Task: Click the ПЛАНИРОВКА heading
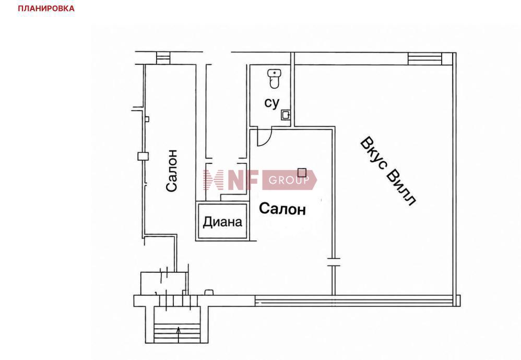[46, 8]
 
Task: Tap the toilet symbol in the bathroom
[274, 79]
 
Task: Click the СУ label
[272, 103]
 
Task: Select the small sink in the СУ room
[286, 115]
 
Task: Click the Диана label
[222, 222]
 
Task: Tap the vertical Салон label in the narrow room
[172, 171]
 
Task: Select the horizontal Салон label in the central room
[282, 209]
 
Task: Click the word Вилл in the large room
[402, 188]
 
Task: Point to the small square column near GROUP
[302, 172]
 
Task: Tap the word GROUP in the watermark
[289, 181]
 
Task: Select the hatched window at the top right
[424, 59]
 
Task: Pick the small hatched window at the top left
[163, 57]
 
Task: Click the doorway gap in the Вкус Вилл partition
[334, 262]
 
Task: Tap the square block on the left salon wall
[143, 156]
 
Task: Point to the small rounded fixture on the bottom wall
[209, 292]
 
